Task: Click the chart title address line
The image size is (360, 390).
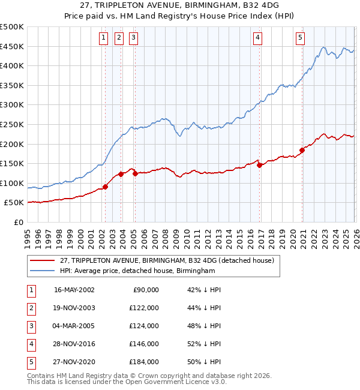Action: (180, 5)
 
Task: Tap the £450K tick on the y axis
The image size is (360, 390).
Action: (13, 46)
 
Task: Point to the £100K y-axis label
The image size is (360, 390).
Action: (13, 183)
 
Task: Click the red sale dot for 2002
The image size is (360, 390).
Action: (106, 187)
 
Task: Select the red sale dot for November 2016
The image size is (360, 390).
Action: (259, 165)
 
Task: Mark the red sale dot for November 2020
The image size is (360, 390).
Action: (302, 150)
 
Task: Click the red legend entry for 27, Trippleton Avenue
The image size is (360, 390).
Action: (167, 260)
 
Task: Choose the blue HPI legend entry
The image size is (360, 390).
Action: (137, 271)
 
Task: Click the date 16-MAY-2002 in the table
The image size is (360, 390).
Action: (74, 290)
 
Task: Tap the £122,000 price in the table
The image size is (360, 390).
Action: (143, 308)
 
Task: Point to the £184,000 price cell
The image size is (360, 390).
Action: (143, 362)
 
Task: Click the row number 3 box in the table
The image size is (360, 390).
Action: (31, 326)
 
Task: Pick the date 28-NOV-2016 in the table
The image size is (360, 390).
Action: (74, 344)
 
